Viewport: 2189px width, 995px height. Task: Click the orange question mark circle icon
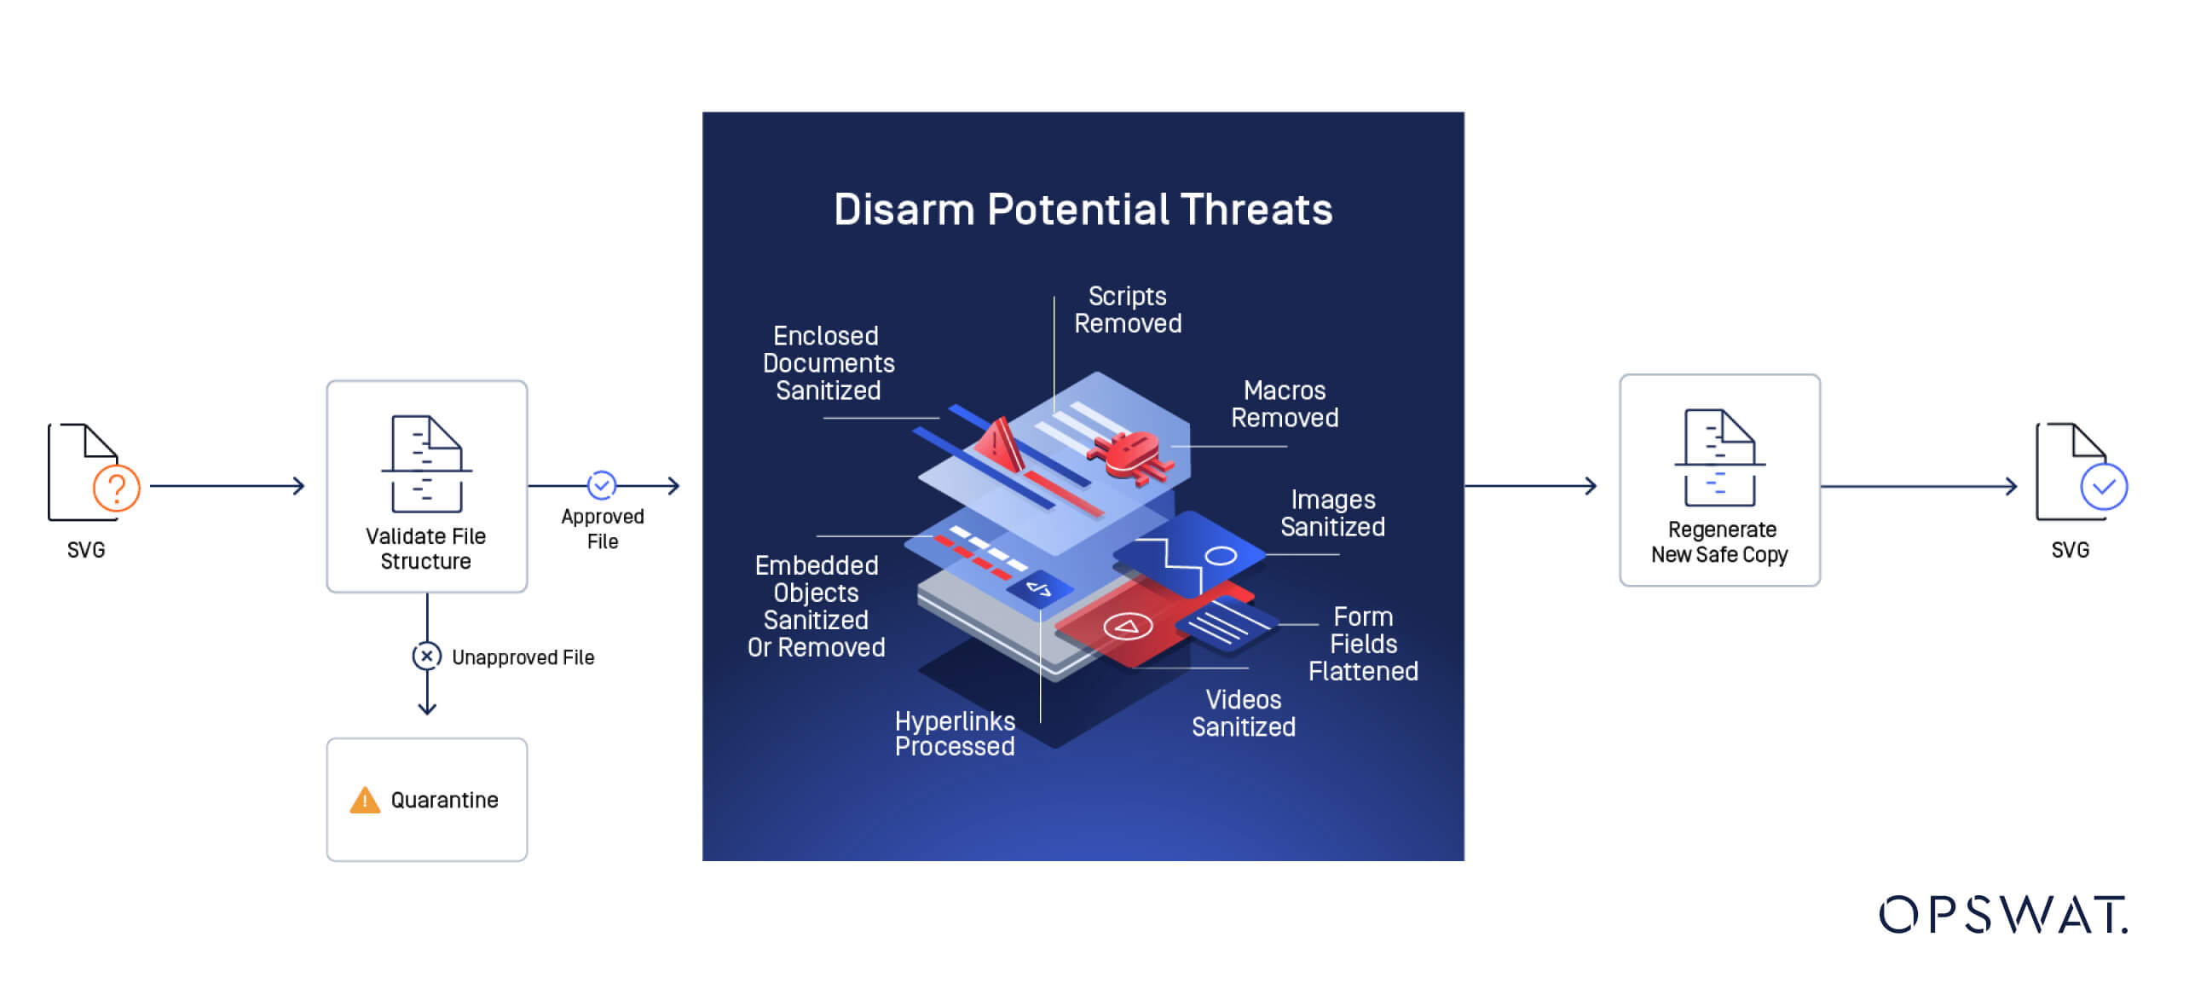[116, 488]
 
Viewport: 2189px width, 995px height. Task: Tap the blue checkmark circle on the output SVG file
[2103, 487]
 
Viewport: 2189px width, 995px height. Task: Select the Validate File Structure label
[425, 548]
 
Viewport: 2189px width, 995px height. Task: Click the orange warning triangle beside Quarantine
[365, 800]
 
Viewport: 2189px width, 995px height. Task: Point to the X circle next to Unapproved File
[426, 656]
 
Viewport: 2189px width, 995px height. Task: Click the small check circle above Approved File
[602, 485]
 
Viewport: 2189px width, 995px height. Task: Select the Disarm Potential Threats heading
[1083, 210]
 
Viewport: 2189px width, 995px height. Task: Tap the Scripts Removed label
[1127, 309]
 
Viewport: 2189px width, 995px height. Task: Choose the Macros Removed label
[1284, 404]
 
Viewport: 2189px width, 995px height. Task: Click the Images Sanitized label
[1332, 513]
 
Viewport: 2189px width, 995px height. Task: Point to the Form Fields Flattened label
[1362, 644]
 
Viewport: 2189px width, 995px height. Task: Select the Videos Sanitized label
[1243, 713]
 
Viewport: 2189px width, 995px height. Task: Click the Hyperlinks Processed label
[955, 733]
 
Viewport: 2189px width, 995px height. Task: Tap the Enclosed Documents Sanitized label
[828, 363]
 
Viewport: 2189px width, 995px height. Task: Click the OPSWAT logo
[2002, 915]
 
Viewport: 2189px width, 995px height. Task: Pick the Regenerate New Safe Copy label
[1720, 542]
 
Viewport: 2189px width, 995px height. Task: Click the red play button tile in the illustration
[1127, 628]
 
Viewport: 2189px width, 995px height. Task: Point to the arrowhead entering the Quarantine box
[427, 708]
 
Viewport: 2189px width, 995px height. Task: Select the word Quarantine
[444, 800]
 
